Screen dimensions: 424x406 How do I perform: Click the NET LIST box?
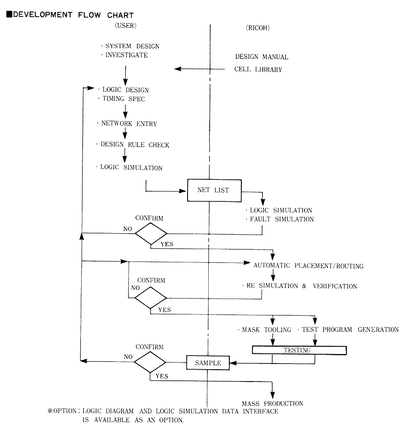pyautogui.click(x=214, y=190)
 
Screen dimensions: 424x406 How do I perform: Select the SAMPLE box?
pyautogui.click(x=207, y=363)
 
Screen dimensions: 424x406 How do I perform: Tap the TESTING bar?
pyautogui.click(x=299, y=350)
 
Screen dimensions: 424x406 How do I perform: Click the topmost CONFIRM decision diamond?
pyautogui.click(x=151, y=233)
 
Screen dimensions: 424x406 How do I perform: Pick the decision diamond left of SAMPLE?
pyautogui.click(x=150, y=362)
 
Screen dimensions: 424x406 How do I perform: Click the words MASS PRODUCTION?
pyautogui.click(x=272, y=403)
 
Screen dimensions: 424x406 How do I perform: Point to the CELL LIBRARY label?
pyautogui.click(x=258, y=69)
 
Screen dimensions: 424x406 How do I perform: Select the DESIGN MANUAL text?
pyautogui.click(x=262, y=57)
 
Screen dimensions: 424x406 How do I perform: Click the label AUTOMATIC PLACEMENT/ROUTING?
pyautogui.click(x=308, y=266)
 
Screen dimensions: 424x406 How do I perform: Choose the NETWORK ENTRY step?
pyautogui.click(x=128, y=123)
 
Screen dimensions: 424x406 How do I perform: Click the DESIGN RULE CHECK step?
pyautogui.click(x=133, y=144)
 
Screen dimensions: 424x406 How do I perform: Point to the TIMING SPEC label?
pyautogui.click(x=121, y=99)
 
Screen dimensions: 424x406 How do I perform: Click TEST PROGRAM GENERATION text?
pyautogui.click(x=349, y=329)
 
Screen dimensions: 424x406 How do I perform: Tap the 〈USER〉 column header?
pyautogui.click(x=126, y=26)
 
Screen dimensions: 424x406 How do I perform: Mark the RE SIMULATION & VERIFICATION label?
pyautogui.click(x=301, y=286)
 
